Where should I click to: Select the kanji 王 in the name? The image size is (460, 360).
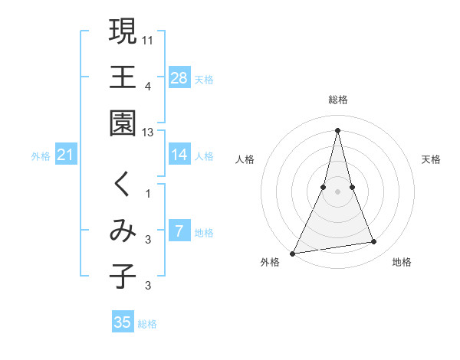(123, 77)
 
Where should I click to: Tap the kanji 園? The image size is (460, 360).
(123, 123)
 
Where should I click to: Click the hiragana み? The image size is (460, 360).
(123, 231)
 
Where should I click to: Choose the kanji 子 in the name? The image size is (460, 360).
(123, 277)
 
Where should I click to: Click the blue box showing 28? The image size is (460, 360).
(179, 77)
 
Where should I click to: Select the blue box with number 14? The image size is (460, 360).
(179, 155)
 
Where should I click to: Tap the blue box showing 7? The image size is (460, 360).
(179, 231)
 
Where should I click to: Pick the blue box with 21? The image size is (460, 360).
(66, 155)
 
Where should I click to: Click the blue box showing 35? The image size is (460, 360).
(123, 322)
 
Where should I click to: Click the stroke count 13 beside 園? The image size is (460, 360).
(148, 133)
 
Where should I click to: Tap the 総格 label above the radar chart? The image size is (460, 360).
(338, 100)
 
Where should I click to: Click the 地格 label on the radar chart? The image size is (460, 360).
(402, 263)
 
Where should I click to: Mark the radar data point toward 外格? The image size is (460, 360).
(293, 253)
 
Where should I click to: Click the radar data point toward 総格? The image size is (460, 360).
(338, 129)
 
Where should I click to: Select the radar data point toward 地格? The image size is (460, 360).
(374, 242)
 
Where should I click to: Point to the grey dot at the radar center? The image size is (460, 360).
(338, 191)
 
